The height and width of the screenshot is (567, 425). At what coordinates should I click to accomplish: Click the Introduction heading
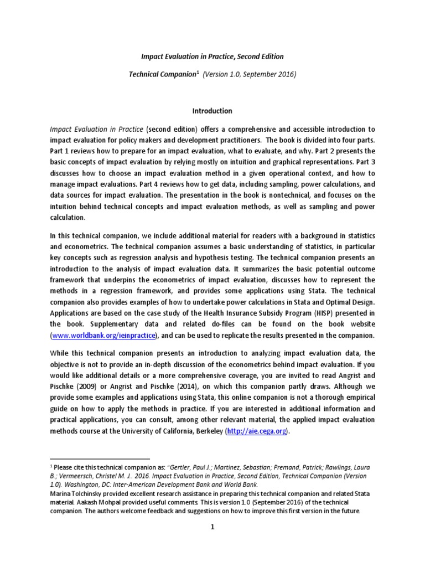pos(212,111)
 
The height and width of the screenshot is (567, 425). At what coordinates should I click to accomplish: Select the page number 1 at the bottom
pos(212,527)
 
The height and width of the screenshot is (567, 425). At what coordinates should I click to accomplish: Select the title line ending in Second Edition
pos(212,56)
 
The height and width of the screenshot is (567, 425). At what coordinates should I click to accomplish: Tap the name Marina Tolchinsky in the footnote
pos(76,492)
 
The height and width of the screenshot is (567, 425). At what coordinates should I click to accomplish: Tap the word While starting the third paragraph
pos(60,353)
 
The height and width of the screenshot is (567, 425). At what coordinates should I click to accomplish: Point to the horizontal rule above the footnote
pos(100,459)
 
